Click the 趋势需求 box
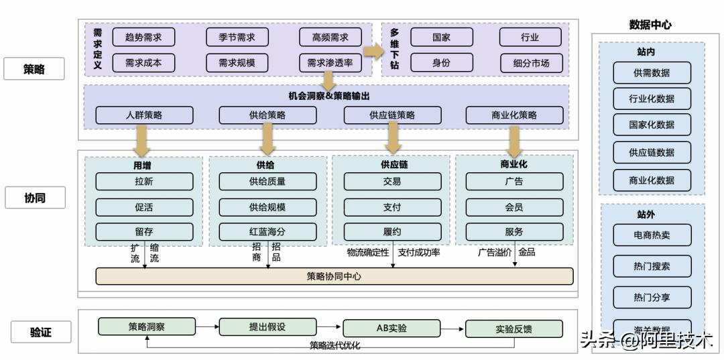pos(143,37)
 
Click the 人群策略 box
pos(144,115)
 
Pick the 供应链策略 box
pos(392,115)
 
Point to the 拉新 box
pos(144,181)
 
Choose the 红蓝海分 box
pos(267,232)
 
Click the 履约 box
pos(392,232)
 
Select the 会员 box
pos(514,207)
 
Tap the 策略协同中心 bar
pos(335,276)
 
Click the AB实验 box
pos(391,328)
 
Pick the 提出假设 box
pos(267,326)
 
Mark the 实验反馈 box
pos(514,328)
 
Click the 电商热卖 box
pos(652,235)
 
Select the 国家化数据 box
pos(652,125)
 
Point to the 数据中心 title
pos(650,25)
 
